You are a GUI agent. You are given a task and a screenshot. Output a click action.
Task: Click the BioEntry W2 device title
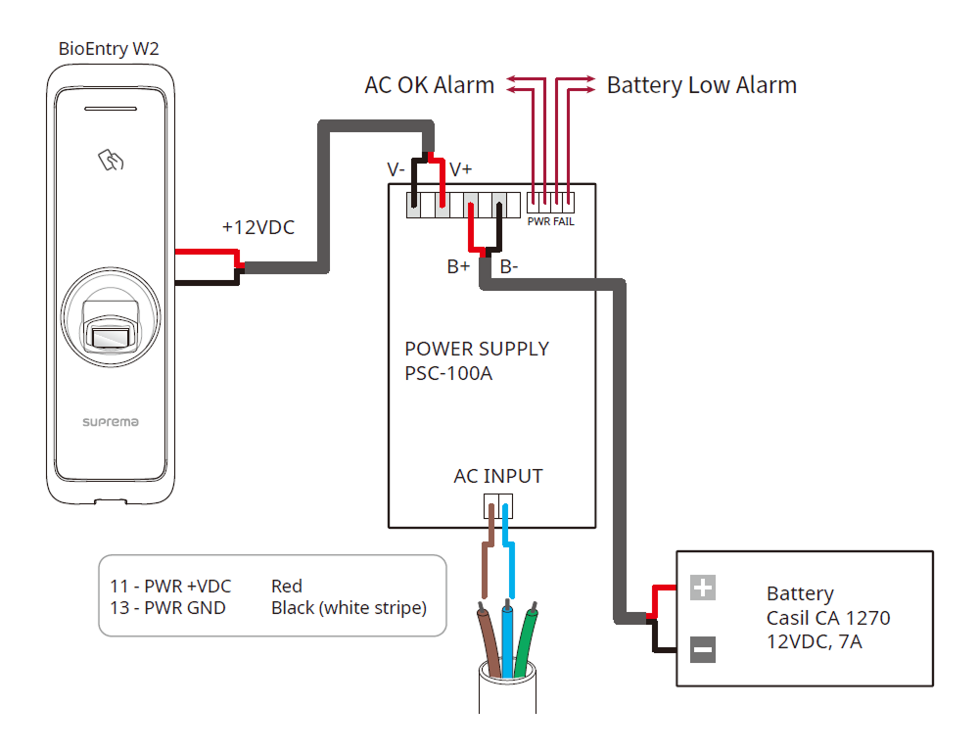(108, 48)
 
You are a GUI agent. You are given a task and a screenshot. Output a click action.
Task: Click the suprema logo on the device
(110, 422)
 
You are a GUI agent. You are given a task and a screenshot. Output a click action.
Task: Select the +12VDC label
(257, 227)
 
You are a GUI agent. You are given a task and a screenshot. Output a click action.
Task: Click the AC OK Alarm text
(429, 85)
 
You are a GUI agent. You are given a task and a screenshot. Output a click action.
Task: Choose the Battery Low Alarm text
(701, 85)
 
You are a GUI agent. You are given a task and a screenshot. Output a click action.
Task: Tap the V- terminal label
(396, 169)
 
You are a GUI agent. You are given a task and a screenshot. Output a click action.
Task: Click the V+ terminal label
(460, 169)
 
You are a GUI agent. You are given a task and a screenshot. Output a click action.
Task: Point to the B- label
(510, 266)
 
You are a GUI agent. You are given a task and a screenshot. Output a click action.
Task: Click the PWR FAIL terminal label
(550, 222)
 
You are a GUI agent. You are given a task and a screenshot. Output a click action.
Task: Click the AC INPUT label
(497, 477)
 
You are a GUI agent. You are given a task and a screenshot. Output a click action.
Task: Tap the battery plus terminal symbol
(703, 588)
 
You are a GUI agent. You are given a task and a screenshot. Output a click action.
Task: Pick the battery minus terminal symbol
(703, 648)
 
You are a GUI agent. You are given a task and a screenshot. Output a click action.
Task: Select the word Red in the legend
(287, 587)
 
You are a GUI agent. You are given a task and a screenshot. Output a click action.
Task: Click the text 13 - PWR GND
(167, 608)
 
